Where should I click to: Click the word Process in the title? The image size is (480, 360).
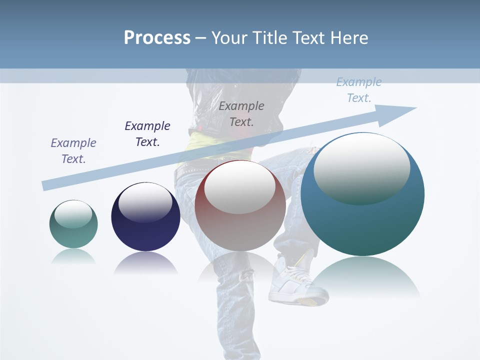(x=157, y=37)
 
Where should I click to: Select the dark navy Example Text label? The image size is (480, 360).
(x=147, y=133)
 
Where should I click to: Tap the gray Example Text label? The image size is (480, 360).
(x=241, y=113)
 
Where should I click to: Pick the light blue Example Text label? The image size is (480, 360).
(x=358, y=90)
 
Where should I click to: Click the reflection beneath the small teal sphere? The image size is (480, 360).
(x=73, y=256)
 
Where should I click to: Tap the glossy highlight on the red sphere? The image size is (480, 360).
(x=240, y=186)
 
